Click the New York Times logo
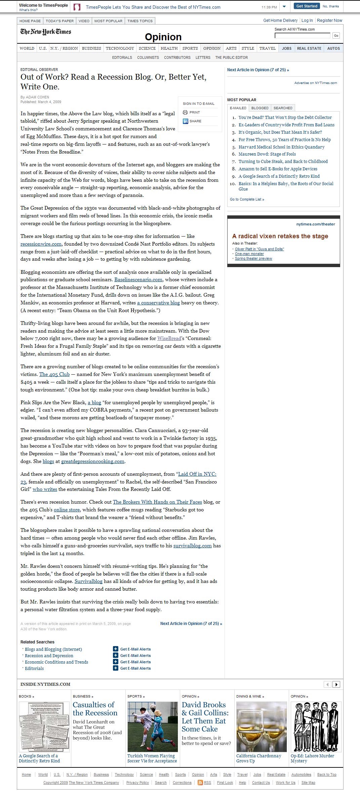(46, 32)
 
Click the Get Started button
(307, 6)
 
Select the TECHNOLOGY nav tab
(120, 48)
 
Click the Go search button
(336, 36)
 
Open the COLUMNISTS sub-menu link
(148, 57)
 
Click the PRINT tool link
(194, 113)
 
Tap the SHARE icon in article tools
(186, 121)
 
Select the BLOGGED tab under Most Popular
(260, 108)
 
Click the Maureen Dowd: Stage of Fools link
(267, 154)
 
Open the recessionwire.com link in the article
(41, 244)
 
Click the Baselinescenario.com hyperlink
(138, 280)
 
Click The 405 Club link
(54, 374)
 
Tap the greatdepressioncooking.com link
(92, 461)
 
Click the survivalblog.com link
(192, 546)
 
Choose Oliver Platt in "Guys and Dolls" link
(259, 249)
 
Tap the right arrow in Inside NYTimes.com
(336, 684)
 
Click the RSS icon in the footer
(200, 783)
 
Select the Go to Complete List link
(247, 199)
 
